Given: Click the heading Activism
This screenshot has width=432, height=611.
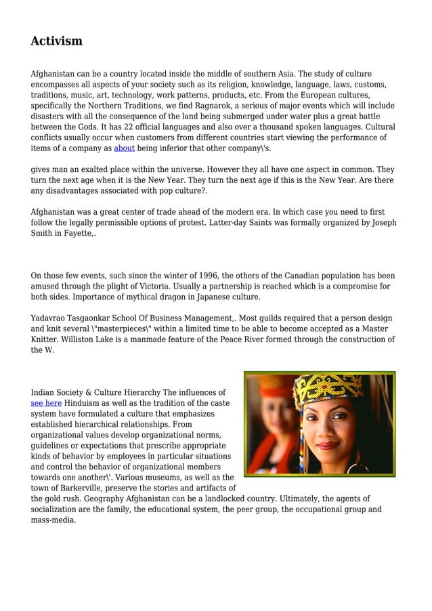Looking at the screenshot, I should point(56,41).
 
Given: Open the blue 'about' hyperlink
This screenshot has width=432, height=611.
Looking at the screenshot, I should point(124,148).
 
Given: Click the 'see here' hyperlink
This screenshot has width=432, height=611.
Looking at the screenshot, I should point(46,403).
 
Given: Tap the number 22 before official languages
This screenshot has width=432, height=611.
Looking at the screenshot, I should point(121,127).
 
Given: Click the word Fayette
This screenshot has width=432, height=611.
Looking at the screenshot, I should point(77,233).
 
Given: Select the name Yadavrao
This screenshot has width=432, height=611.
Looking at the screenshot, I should point(51,318).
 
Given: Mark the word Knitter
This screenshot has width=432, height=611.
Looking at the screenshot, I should point(48,339).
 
